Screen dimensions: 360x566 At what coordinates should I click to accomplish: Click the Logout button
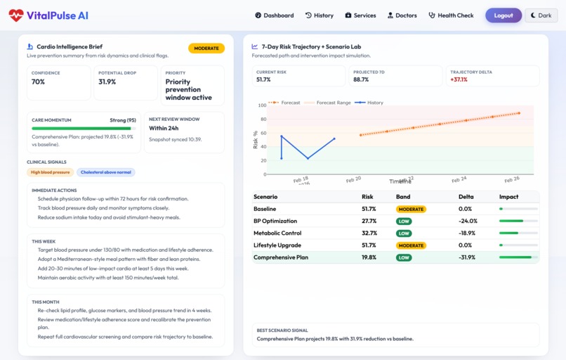tap(503, 15)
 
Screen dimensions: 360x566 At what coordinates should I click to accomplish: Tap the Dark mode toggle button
tap(541, 15)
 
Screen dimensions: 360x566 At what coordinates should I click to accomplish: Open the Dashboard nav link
tap(274, 15)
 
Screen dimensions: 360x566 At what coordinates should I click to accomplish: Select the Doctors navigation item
tap(402, 15)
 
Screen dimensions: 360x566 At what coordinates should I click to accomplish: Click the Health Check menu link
tap(451, 15)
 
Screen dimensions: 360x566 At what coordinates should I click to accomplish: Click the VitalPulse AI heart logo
tap(15, 15)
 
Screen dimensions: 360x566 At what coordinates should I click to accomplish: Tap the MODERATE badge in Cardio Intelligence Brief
tap(206, 49)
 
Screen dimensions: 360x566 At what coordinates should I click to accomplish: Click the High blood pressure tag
tap(50, 172)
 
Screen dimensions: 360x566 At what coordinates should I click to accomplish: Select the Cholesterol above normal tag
tap(105, 172)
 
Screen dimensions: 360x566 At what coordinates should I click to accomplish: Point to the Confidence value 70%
tap(39, 82)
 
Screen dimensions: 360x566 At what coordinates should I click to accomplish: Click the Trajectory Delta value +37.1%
tap(459, 79)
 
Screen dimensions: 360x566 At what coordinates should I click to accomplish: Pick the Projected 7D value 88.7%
tap(362, 79)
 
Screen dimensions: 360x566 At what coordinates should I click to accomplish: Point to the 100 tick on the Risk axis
tap(262, 105)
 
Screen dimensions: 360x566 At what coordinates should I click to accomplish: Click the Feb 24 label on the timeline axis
tap(459, 179)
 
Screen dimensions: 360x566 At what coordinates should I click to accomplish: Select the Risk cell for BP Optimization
tap(369, 221)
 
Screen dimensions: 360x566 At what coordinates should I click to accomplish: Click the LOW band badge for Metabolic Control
tap(404, 233)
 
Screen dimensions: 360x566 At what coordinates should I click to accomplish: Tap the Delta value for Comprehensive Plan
tap(468, 257)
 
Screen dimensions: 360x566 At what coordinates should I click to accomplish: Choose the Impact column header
tap(508, 197)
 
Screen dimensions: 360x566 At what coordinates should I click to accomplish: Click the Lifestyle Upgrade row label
tap(277, 245)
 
